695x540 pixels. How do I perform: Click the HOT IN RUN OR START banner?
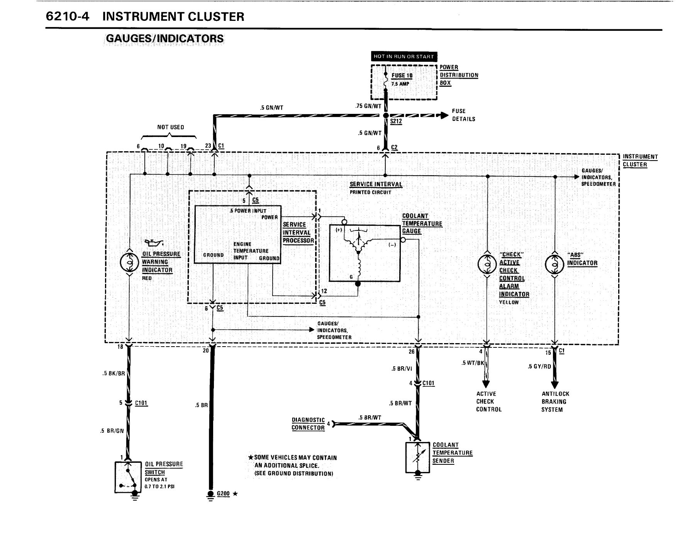point(404,56)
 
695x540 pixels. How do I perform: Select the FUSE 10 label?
point(402,76)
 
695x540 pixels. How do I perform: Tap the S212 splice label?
point(396,121)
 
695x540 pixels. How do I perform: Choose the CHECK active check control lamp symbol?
point(487,264)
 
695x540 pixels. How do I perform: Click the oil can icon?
point(154,243)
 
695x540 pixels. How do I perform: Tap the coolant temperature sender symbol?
point(418,457)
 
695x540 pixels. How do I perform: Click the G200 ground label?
point(223,494)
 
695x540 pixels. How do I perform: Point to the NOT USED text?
point(171,127)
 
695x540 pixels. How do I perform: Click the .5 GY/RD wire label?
point(539,366)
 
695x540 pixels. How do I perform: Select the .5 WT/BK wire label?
point(473,363)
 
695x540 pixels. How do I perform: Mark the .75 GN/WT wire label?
point(369,106)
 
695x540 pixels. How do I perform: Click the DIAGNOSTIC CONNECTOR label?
point(308,424)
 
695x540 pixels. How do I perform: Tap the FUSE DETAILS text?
point(463,115)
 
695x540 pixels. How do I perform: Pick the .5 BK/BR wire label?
point(114,373)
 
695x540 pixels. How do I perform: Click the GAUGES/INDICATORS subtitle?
point(164,39)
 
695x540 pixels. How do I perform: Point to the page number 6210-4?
point(68,17)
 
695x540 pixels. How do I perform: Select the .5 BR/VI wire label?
point(402,369)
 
